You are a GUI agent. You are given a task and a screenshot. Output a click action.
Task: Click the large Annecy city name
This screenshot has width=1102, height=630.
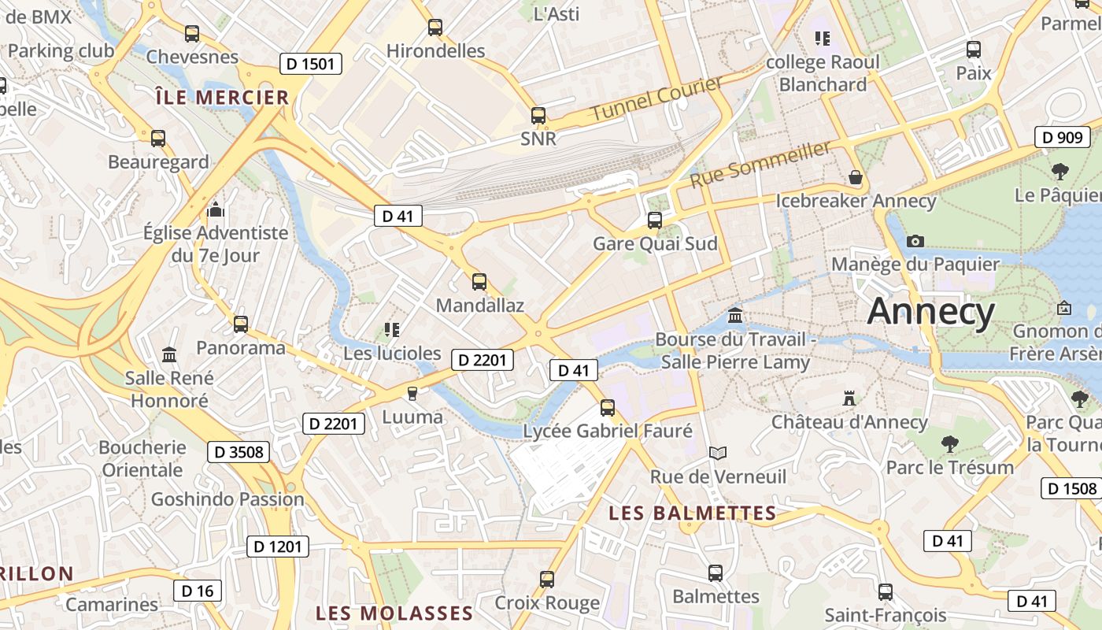930,312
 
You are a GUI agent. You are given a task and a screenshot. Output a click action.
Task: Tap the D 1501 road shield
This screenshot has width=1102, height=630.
311,64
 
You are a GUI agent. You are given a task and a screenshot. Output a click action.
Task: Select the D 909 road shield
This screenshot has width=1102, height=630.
1062,137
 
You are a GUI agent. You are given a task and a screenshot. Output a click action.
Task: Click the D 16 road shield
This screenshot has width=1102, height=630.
198,591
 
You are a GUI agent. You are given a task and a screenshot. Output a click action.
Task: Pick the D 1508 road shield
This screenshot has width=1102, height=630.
1071,488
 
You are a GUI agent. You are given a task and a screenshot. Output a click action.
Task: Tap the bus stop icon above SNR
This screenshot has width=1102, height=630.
538,116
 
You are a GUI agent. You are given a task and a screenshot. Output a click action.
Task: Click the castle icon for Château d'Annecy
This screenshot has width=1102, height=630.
849,398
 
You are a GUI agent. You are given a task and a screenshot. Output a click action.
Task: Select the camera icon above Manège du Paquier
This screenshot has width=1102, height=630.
915,241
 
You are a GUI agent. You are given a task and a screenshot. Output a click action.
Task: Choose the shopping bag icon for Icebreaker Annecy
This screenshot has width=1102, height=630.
856,178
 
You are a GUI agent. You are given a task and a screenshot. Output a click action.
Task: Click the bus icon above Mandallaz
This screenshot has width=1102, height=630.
479,281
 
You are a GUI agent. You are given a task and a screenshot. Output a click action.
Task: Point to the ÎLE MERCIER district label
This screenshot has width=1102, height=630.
222,98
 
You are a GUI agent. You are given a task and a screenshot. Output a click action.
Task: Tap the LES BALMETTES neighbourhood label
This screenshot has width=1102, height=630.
693,513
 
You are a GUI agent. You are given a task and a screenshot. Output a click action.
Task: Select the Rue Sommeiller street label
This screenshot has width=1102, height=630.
760,164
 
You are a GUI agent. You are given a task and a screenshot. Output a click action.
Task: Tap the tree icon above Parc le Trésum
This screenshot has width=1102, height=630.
950,444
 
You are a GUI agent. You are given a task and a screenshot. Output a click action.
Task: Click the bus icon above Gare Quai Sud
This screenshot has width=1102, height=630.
655,220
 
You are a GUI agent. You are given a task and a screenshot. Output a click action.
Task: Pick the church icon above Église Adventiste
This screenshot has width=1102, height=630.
215,210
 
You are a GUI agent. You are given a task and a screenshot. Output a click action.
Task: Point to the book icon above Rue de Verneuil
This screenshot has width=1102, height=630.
718,453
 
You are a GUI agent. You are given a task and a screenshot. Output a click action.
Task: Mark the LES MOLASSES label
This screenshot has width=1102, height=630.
394,613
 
